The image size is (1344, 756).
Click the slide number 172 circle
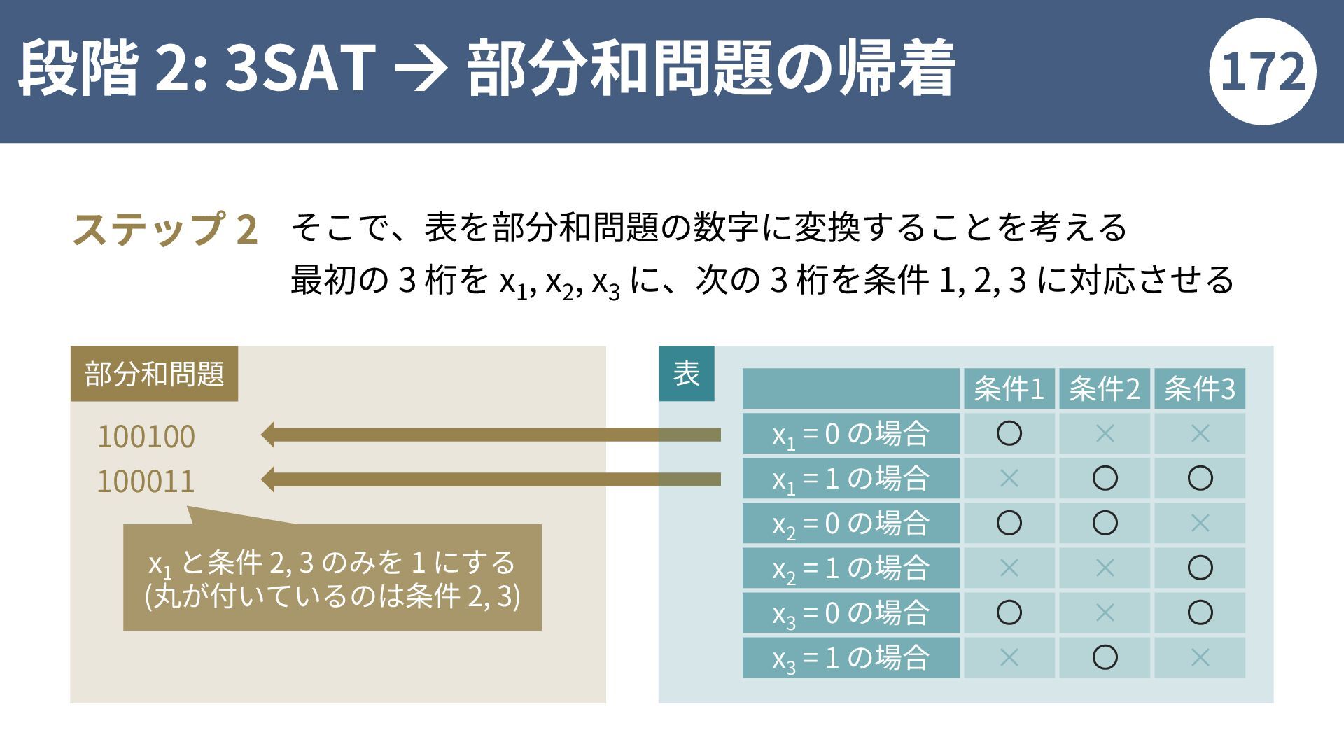1262,71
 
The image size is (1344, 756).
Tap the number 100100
146,437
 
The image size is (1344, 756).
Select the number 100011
146,482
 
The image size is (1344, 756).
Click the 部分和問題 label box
154,374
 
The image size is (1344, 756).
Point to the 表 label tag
687,373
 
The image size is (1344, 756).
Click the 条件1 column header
1009,388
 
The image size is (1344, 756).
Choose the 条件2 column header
1105,388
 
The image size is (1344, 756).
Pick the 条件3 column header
1200,388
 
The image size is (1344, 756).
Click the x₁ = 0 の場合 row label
850,434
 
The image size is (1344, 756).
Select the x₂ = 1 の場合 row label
850,568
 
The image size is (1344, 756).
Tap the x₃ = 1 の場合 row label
850,657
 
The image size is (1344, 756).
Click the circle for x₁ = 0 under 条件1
1009,434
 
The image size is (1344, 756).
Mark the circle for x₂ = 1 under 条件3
1200,568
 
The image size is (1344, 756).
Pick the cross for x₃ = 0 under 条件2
1105,612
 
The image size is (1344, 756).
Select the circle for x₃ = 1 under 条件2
1105,657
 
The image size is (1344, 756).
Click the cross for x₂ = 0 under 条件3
1200,523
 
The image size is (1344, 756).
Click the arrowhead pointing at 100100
267,435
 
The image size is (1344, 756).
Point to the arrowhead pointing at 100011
267,479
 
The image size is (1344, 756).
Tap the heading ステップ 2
165,230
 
